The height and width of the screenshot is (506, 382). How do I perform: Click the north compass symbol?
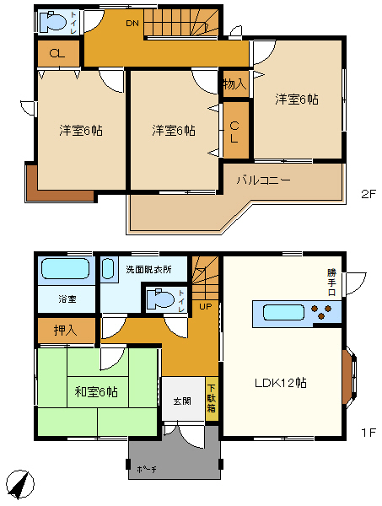[20, 484]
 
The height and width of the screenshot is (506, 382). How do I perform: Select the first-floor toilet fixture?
[160, 299]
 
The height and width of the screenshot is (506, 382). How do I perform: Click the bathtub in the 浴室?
[65, 268]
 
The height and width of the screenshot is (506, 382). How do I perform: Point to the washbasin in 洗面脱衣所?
[108, 268]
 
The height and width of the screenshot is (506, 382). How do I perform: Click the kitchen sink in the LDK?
[283, 313]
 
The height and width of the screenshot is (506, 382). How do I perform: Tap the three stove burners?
[321, 312]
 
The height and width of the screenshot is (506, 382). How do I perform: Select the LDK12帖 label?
[280, 383]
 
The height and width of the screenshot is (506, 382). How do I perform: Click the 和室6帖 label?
[96, 392]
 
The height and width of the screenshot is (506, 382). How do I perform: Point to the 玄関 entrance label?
[182, 401]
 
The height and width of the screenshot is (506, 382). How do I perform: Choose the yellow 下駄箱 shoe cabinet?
[212, 399]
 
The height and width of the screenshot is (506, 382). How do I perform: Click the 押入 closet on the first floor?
[66, 331]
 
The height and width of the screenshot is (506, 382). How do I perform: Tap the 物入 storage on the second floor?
[235, 83]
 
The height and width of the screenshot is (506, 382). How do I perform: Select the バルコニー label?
[264, 180]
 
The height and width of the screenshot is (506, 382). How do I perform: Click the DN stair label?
[132, 24]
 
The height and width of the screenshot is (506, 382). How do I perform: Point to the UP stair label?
[206, 306]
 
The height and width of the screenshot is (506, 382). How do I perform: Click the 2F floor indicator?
[369, 194]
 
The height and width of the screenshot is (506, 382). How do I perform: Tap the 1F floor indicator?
[369, 433]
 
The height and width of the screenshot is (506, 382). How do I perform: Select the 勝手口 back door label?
[331, 283]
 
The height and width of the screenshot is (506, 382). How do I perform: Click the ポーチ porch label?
[147, 469]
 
